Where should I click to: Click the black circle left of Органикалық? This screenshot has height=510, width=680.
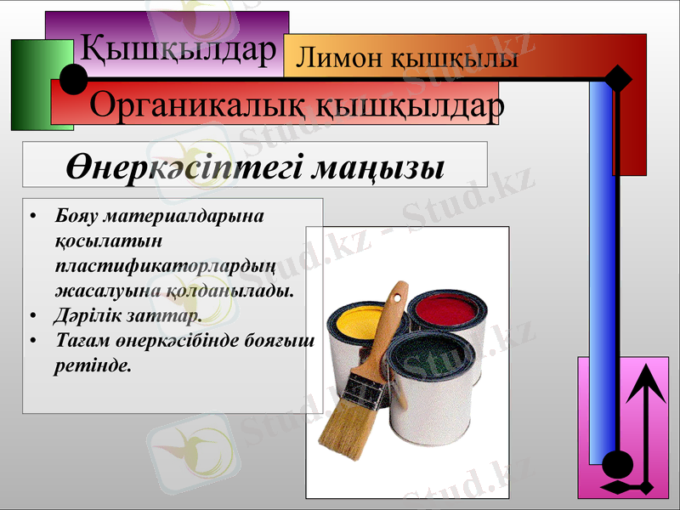[x=74, y=81]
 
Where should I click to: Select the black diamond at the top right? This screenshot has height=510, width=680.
[x=619, y=79]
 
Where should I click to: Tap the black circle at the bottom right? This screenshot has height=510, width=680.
[x=618, y=465]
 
